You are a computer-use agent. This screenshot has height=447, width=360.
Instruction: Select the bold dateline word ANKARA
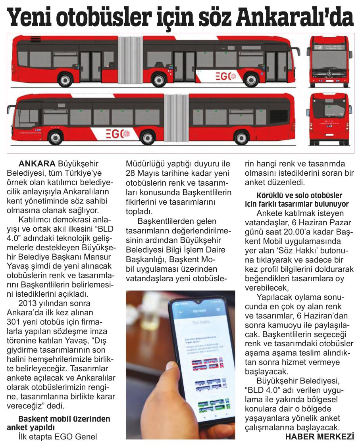[37, 163]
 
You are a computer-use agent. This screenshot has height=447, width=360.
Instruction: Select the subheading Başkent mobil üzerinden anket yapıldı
[58, 422]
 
